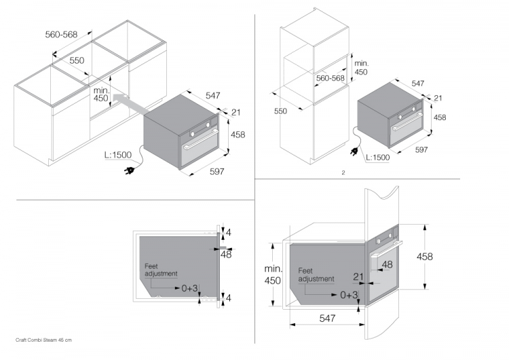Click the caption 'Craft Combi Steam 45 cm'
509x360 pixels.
(x=43, y=339)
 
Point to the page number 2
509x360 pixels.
(x=343, y=173)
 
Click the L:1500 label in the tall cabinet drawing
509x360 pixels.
(x=377, y=158)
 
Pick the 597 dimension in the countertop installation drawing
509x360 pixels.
(x=216, y=171)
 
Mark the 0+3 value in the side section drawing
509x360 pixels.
(x=189, y=288)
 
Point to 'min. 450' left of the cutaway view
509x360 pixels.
(x=271, y=275)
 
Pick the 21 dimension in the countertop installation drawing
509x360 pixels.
(x=236, y=113)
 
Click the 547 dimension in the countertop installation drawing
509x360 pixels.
(x=212, y=96)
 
